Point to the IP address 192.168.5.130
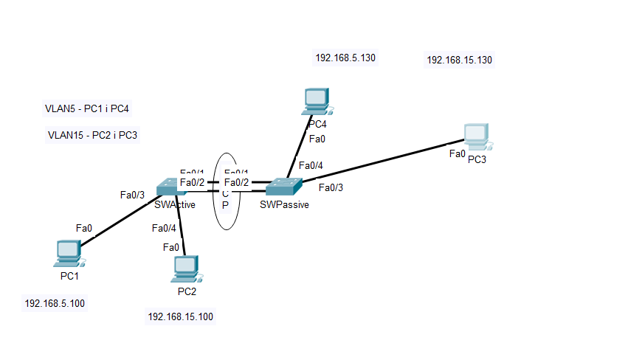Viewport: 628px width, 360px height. (x=346, y=58)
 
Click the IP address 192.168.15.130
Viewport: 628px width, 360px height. (x=459, y=60)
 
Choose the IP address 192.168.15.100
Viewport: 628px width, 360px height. (x=181, y=316)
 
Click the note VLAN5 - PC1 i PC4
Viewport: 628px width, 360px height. (x=88, y=109)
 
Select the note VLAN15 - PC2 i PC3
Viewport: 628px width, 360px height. (x=93, y=135)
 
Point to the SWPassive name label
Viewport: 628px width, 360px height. (x=284, y=205)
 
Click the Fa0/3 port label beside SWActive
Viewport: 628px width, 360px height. (x=133, y=195)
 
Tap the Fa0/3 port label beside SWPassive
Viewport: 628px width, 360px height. (x=331, y=187)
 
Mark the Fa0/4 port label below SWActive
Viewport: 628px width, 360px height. (x=164, y=228)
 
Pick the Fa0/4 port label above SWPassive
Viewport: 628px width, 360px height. (x=310, y=165)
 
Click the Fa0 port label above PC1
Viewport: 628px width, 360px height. (x=84, y=229)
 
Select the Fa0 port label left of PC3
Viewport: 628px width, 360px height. (x=458, y=154)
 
